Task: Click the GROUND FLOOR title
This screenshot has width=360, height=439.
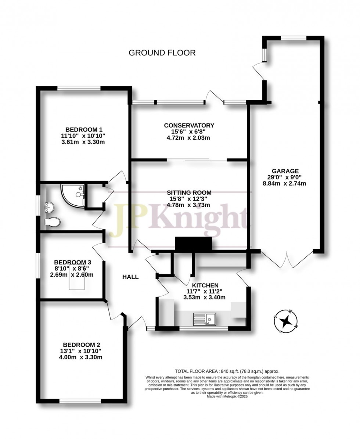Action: (162, 53)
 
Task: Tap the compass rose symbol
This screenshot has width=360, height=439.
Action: (286, 321)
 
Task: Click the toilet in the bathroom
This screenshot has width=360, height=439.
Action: (52, 222)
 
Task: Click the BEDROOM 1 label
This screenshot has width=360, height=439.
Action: (83, 130)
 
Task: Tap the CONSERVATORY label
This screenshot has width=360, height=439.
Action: (189, 126)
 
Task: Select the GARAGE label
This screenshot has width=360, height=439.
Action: (285, 171)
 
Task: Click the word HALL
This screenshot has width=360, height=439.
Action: (130, 277)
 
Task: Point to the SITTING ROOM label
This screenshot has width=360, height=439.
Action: (189, 192)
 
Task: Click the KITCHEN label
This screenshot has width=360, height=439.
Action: (205, 285)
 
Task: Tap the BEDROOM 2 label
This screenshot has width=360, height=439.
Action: (82, 345)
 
